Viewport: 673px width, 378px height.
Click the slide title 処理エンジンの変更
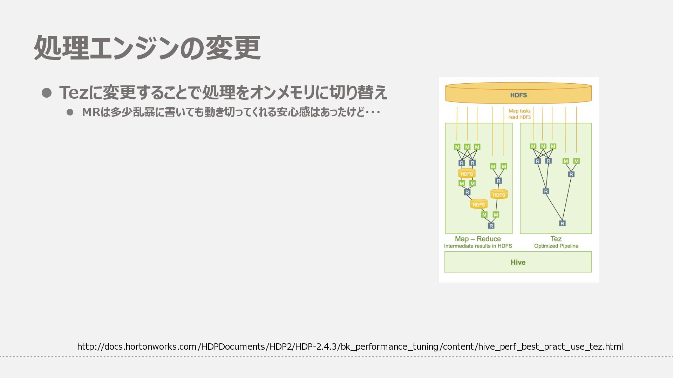click(147, 48)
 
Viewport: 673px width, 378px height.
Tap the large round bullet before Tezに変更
click(47, 93)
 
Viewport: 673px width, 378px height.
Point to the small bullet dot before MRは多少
click(70, 112)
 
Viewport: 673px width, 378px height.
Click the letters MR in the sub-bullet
click(91, 112)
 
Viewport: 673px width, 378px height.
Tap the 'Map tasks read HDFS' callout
click(519, 114)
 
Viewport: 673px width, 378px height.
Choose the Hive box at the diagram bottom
click(518, 262)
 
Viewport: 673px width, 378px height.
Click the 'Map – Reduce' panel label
click(478, 239)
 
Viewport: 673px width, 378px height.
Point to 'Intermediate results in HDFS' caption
click(478, 246)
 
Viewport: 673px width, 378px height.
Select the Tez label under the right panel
click(556, 239)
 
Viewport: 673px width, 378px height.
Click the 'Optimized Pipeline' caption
click(556, 246)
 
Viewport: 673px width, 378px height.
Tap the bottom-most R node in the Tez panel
click(562, 223)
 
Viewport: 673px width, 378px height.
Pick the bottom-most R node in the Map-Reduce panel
click(491, 226)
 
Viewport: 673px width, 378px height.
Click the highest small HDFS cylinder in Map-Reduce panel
click(467, 174)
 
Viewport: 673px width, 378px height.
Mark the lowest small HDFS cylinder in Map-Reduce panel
click(479, 204)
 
